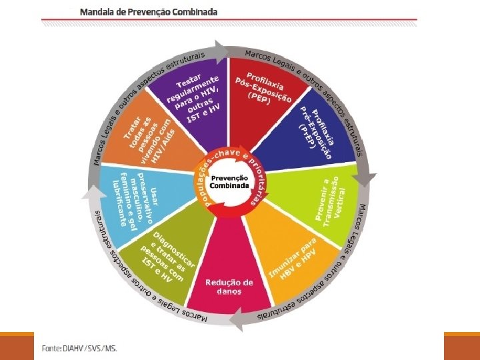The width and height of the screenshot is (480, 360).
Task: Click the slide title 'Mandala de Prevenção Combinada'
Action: [148, 12]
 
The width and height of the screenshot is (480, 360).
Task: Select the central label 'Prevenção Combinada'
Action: [229, 182]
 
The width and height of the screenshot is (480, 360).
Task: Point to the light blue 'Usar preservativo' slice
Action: [133, 197]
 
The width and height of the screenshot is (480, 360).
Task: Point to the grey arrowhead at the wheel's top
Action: [219, 49]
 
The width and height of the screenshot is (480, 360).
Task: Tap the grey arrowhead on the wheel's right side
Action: [365, 180]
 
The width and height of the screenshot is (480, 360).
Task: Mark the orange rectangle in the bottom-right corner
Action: [461, 346]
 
